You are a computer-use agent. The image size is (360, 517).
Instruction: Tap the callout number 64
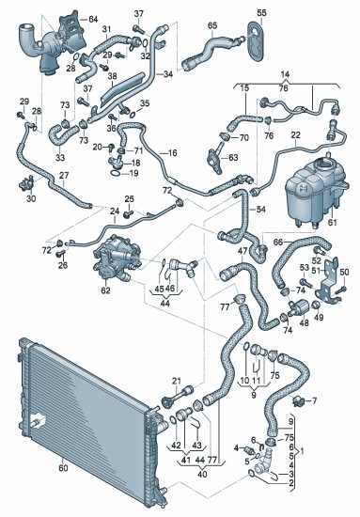tap(93, 19)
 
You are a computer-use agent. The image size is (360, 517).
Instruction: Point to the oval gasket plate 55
tap(256, 42)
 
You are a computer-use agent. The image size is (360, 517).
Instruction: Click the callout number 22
tap(296, 134)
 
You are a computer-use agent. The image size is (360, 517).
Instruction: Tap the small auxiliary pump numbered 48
tap(299, 308)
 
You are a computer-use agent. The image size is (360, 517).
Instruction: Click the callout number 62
tap(106, 290)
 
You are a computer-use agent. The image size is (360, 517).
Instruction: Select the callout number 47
tap(243, 251)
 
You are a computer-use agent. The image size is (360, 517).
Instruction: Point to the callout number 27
tap(64, 175)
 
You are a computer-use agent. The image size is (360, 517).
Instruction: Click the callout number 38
tap(112, 76)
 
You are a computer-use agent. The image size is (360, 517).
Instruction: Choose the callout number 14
tap(286, 74)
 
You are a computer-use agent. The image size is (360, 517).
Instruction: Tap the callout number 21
tap(177, 381)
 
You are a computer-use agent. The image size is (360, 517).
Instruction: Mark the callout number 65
tap(212, 25)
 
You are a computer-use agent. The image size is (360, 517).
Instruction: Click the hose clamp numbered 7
tap(298, 401)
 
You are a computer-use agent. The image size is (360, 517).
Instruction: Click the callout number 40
tap(203, 474)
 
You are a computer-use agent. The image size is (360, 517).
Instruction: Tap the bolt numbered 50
tap(341, 290)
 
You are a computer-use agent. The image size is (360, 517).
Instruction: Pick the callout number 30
tap(31, 199)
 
